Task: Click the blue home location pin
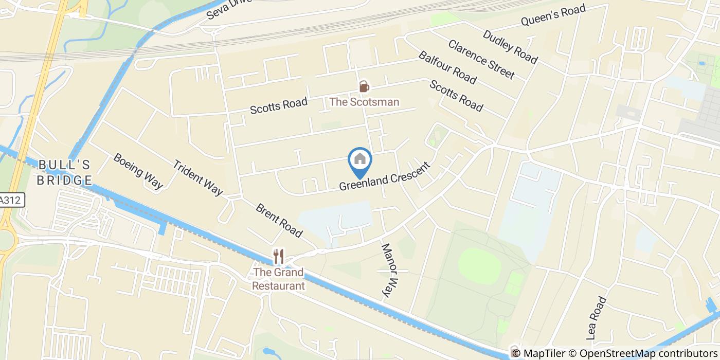tap(360, 160)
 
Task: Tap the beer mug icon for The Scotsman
tap(364, 86)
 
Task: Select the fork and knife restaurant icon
tap(278, 256)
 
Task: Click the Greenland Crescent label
tap(384, 177)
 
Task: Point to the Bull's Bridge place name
tap(65, 173)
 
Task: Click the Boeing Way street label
tap(138, 171)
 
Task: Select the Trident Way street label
tap(197, 178)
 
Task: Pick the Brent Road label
tap(279, 221)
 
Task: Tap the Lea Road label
tap(597, 318)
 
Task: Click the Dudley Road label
tap(510, 47)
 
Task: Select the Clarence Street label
tap(481, 60)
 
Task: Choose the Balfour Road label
tap(447, 67)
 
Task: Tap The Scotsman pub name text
tap(364, 102)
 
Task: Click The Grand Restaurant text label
tap(278, 279)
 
